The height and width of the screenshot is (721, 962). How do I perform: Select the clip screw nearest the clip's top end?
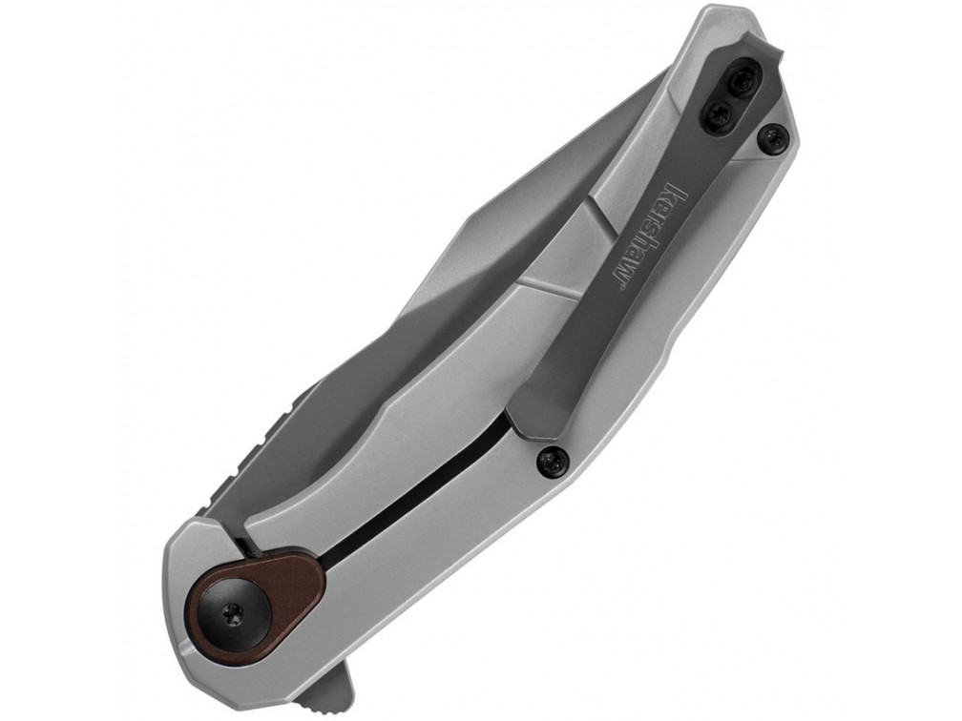pyautogui.click(x=744, y=77)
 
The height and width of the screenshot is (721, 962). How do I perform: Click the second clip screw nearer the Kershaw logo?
pyautogui.click(x=718, y=113)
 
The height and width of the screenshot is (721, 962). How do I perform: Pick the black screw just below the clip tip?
pyautogui.click(x=552, y=460)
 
